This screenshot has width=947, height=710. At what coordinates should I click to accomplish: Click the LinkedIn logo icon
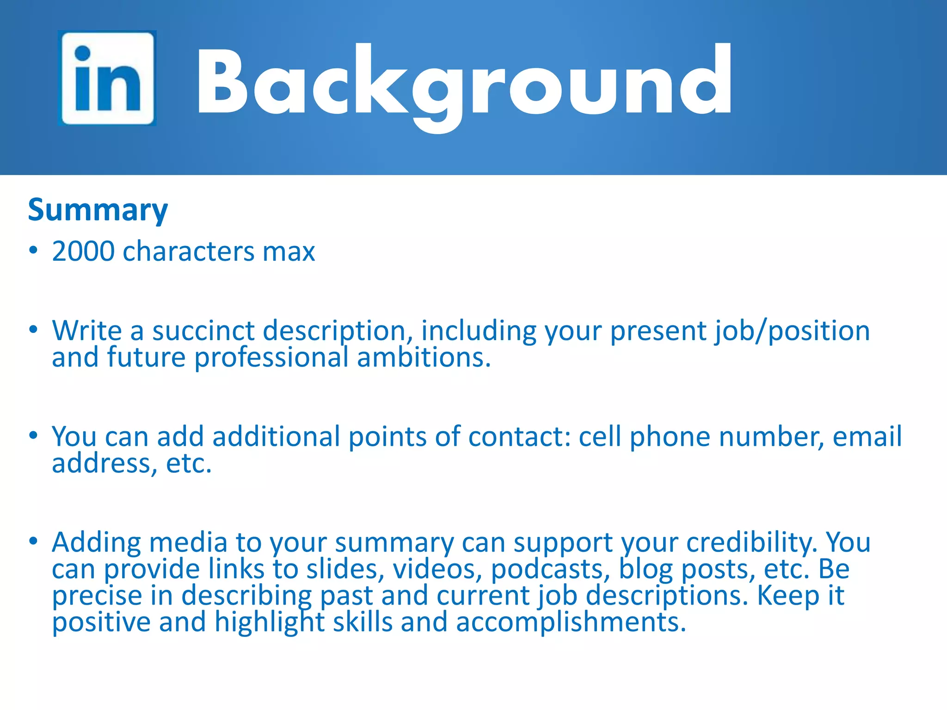(x=107, y=78)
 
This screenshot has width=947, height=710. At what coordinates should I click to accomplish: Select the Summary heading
(x=98, y=210)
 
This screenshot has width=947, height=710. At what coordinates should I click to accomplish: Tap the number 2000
(x=83, y=251)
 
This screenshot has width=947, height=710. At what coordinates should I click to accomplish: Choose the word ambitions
(x=424, y=358)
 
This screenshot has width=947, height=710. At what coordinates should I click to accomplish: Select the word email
(x=867, y=436)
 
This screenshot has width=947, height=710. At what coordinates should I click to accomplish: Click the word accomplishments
(x=571, y=622)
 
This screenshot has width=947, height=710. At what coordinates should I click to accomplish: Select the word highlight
(x=270, y=622)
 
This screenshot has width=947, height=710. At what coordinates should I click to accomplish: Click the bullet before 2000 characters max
(x=33, y=250)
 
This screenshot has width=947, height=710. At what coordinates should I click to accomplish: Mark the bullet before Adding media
(x=33, y=541)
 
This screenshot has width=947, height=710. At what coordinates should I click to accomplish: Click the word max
(x=289, y=251)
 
